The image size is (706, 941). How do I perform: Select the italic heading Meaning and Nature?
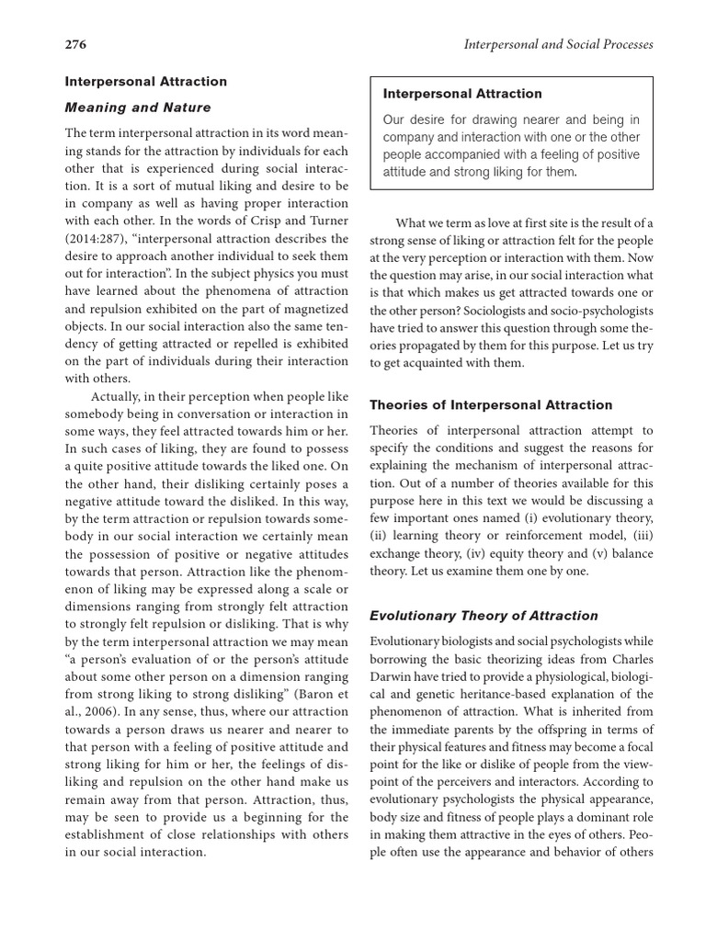(x=137, y=108)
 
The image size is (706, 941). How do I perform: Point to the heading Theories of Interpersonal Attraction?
(x=490, y=404)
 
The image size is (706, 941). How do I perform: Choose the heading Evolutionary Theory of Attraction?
(x=484, y=616)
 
